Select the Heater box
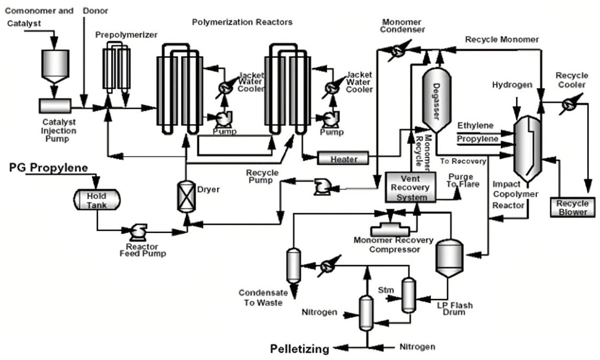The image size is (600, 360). pos(343,158)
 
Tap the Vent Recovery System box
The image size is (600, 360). pos(411,187)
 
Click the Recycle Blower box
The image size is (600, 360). pos(572,207)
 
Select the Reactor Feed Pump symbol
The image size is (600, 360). pos(139,231)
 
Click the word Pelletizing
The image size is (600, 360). pos(299,348)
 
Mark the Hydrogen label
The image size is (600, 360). pos(512,85)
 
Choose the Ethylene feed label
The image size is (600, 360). pos(475,125)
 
